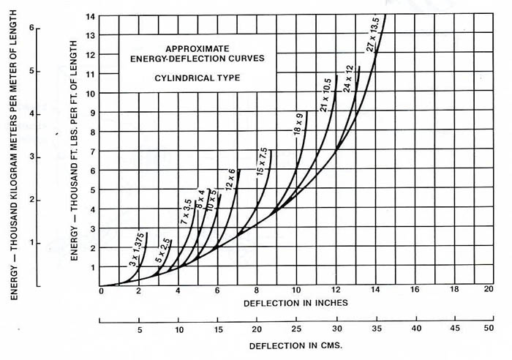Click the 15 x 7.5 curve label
click(261, 161)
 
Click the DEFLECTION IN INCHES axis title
click(294, 301)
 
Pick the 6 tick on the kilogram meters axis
click(31, 28)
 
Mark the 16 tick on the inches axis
click(414, 290)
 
